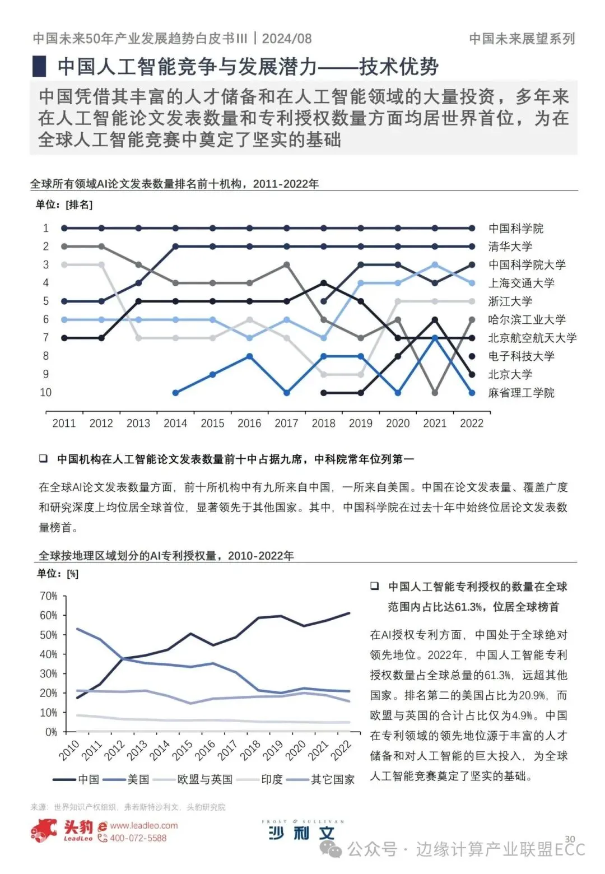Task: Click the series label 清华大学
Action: [510, 247]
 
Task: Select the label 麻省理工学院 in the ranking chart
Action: [521, 393]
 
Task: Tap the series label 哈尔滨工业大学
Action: [527, 319]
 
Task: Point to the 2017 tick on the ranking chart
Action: [286, 424]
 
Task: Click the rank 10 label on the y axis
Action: [46, 393]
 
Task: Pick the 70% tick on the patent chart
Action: [49, 596]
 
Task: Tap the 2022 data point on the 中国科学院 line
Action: [472, 228]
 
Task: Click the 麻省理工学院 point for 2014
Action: [175, 393]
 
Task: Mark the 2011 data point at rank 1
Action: [64, 228]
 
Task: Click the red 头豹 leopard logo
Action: [44, 830]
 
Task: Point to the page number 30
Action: [570, 839]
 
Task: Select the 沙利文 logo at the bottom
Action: [302, 831]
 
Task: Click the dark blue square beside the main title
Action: [39, 67]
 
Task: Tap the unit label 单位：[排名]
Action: [64, 204]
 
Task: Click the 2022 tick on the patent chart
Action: [341, 749]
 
